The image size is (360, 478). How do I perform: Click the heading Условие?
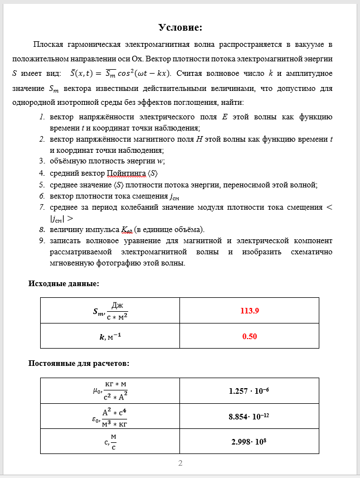coord(180,27)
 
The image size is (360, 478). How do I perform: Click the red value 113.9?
coord(249,310)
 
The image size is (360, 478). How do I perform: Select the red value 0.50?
coord(249,336)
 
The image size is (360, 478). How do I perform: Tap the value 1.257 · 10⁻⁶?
coord(249,391)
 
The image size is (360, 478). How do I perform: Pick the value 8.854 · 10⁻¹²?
coord(249,416)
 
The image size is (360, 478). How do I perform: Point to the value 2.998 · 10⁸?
coord(249,441)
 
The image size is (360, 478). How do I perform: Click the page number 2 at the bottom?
coord(180,463)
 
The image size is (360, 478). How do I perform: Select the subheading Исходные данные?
coord(64,283)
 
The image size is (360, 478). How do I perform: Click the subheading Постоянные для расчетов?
coord(79,364)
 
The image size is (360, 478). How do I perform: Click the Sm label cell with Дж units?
coord(110,310)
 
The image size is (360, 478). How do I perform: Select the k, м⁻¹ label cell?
coord(110,336)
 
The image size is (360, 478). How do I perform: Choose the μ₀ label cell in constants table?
coord(110,391)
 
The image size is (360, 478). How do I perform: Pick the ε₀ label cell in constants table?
coord(110,416)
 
